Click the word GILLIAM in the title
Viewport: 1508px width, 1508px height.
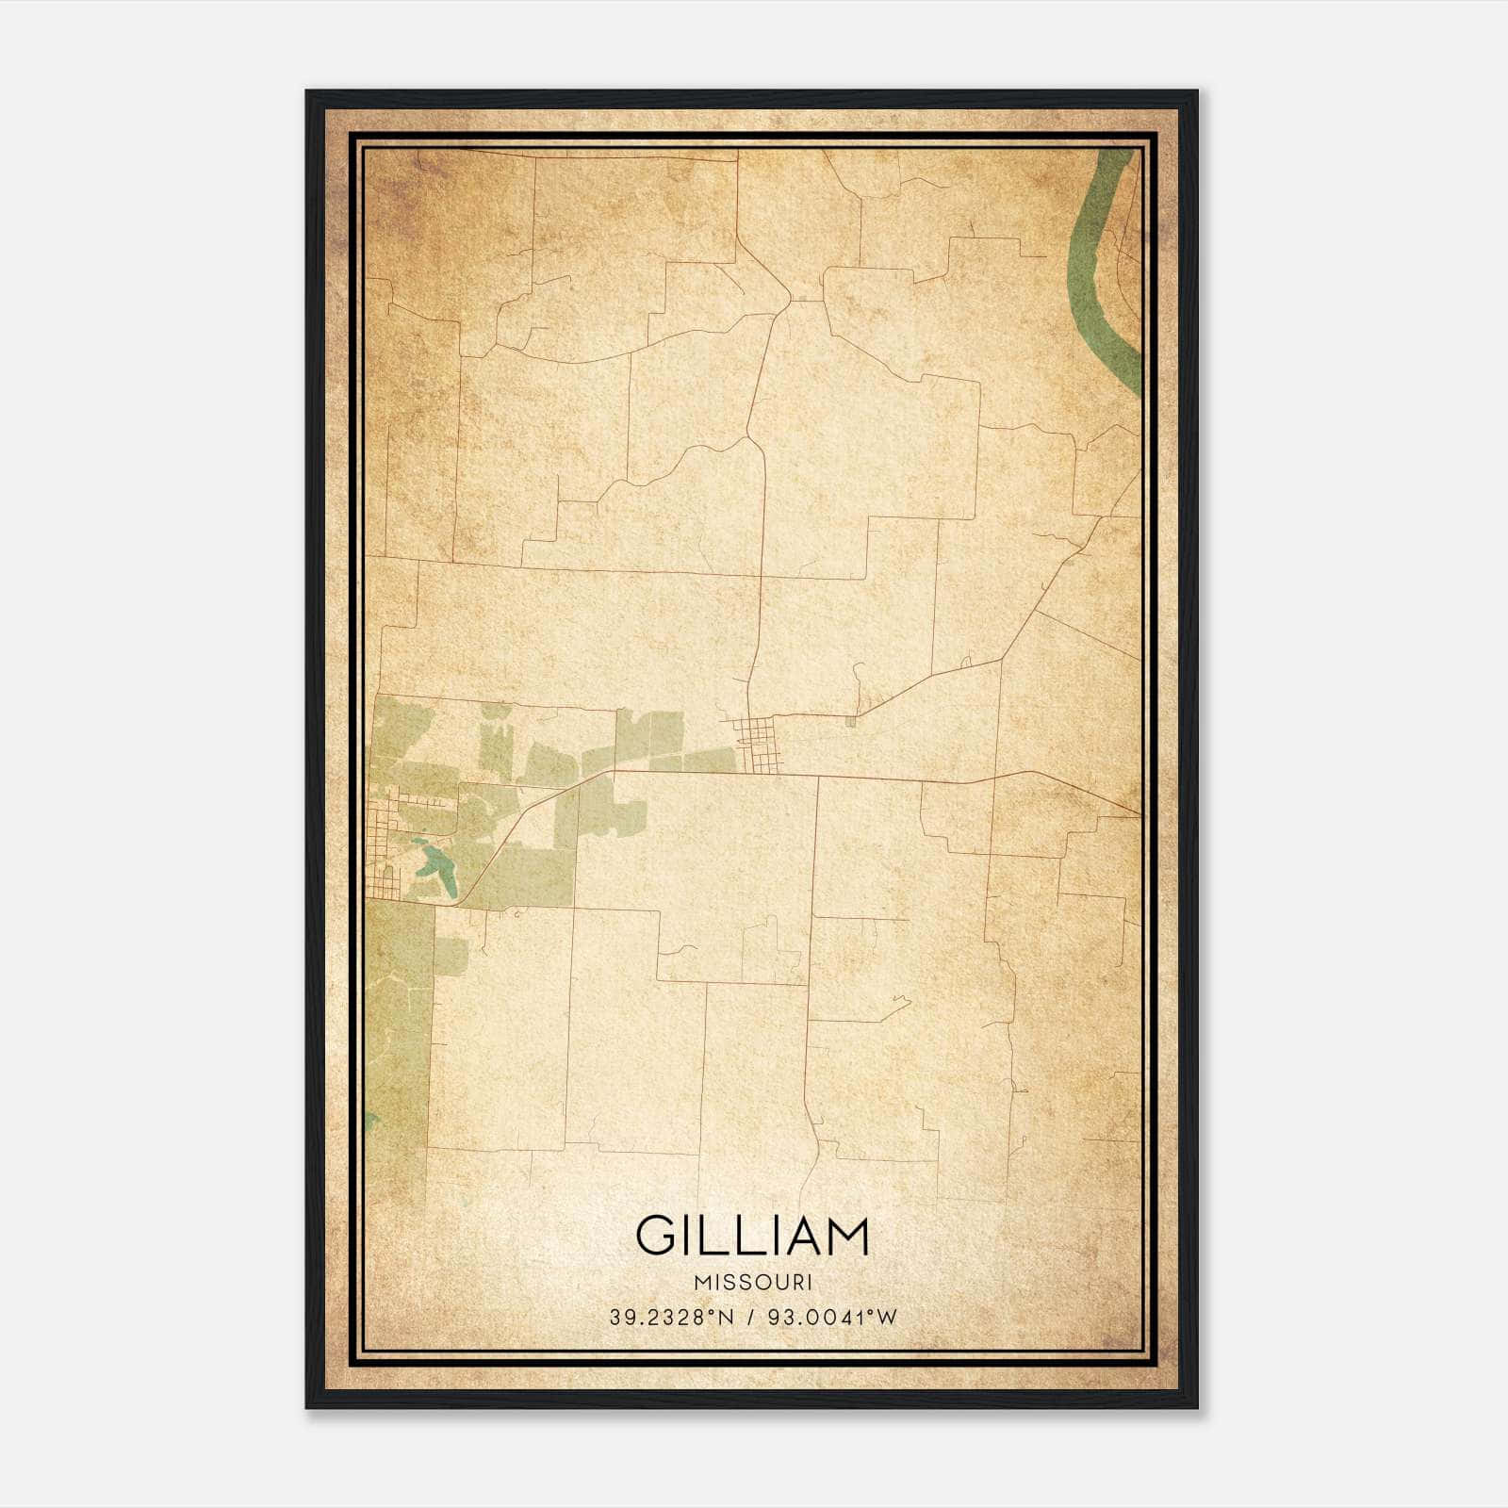click(752, 1236)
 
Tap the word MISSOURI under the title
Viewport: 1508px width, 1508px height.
click(752, 1282)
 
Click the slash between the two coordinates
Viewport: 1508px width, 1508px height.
click(750, 1318)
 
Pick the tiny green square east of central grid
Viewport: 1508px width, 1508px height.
click(851, 721)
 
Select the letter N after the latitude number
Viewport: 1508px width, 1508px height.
click(726, 1318)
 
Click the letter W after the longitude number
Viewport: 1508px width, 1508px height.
click(887, 1318)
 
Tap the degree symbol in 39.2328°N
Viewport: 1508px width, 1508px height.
click(713, 1312)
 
